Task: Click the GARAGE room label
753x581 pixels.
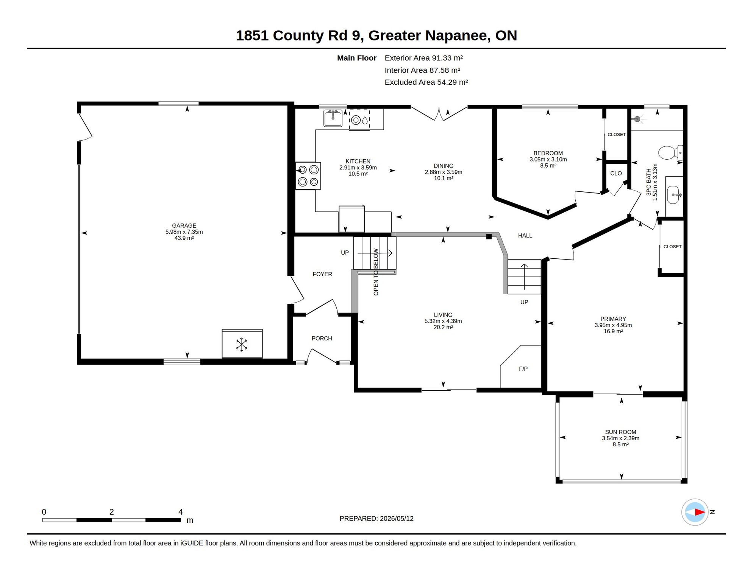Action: click(x=184, y=225)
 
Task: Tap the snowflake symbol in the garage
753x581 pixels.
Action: click(x=242, y=345)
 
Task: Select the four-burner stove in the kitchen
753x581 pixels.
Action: click(x=308, y=176)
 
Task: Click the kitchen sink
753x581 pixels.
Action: click(x=333, y=118)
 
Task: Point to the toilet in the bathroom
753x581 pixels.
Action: click(x=670, y=153)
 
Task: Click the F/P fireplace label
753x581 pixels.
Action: click(x=523, y=369)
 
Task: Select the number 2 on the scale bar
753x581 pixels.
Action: click(x=112, y=512)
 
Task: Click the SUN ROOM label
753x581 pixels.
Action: click(x=620, y=432)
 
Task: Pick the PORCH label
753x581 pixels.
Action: click(x=322, y=339)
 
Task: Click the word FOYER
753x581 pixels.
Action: click(x=322, y=274)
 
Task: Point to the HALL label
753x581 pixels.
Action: click(x=525, y=236)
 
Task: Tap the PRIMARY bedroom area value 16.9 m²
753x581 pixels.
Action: click(x=613, y=331)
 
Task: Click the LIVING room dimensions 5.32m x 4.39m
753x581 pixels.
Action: click(x=443, y=321)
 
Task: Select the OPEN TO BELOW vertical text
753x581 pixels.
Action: click(x=376, y=272)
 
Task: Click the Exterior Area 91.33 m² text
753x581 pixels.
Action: click(x=424, y=58)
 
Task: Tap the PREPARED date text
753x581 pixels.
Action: click(x=376, y=519)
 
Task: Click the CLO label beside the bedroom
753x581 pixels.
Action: click(x=616, y=174)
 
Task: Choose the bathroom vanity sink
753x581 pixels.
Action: click(x=673, y=195)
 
